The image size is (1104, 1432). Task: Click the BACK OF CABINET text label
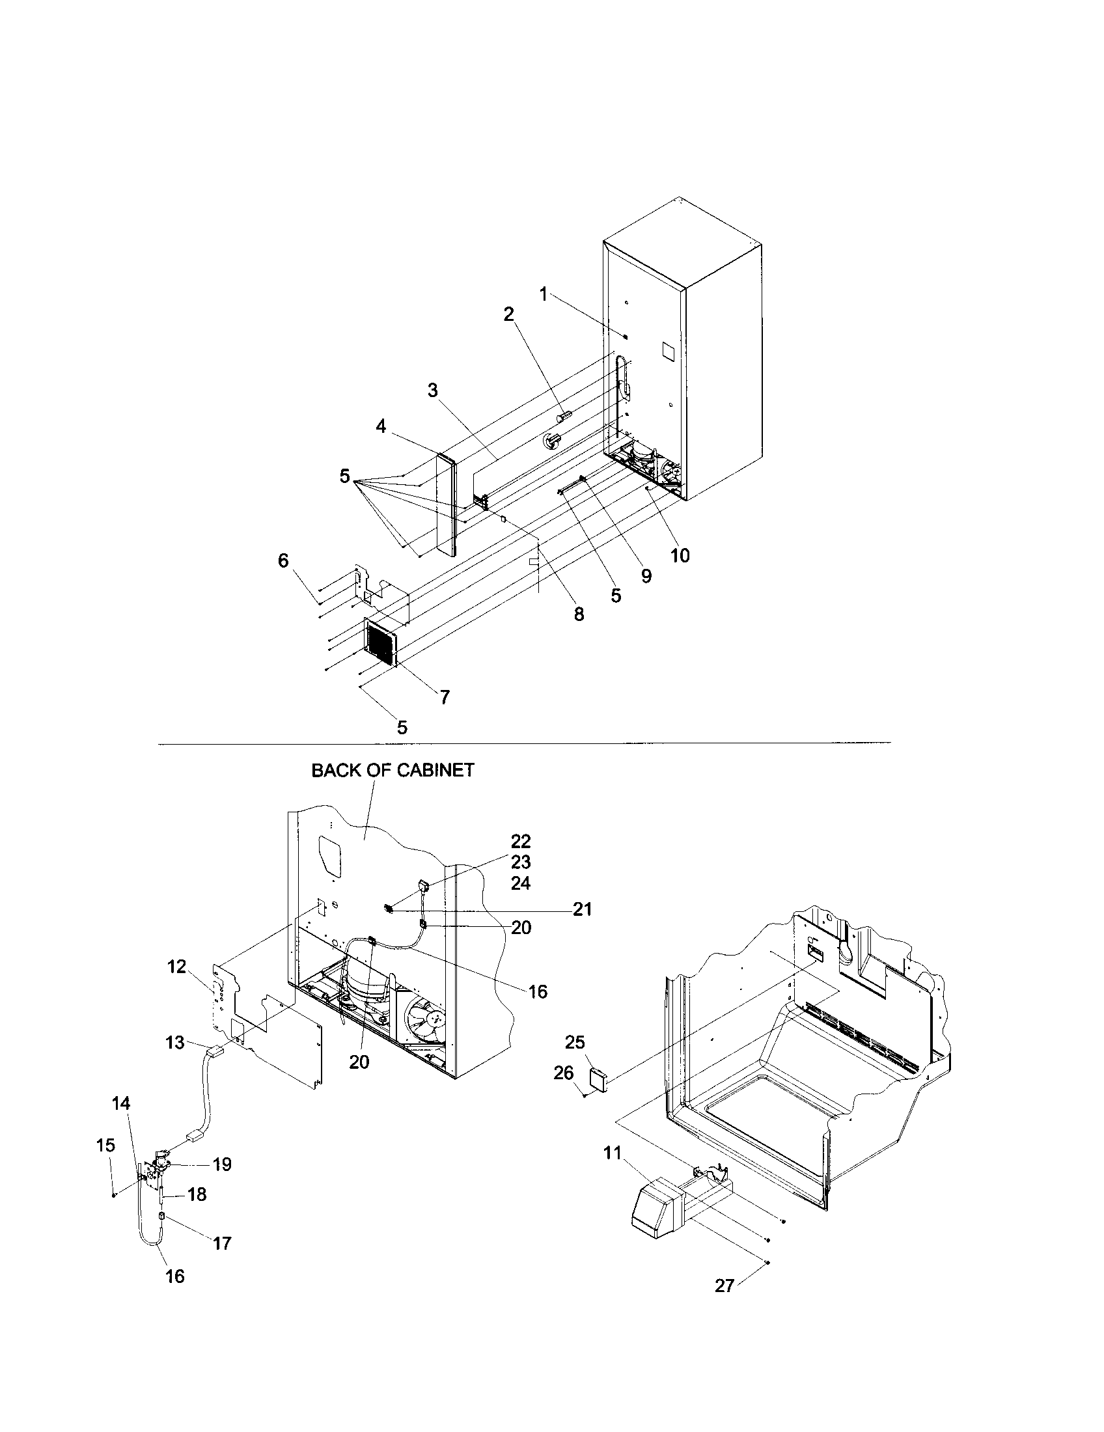coord(392,770)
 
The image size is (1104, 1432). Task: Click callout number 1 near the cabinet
coord(543,294)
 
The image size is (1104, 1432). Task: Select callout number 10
coord(680,555)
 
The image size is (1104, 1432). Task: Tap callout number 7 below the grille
coord(445,697)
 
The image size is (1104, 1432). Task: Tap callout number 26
coord(563,1073)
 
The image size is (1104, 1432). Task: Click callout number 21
coord(582,909)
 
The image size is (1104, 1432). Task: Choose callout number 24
coord(521,883)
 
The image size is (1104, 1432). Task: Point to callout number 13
coord(175,1042)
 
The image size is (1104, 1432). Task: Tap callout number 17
coord(222,1243)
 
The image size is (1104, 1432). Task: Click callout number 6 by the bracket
coord(283,560)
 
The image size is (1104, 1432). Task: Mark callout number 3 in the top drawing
coord(433,390)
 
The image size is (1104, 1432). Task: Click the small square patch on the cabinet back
coord(667,351)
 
